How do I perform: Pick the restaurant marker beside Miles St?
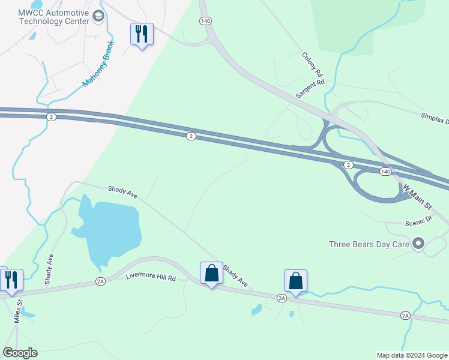pos(11,281)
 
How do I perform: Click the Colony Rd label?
pos(312,64)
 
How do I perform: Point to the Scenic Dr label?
pos(418,221)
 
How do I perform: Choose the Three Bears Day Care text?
pos(369,244)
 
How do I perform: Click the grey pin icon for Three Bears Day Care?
pos(419,244)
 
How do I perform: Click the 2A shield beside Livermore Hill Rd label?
pos(100,281)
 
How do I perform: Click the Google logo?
pos(20,353)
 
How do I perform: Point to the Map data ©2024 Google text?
pos(412,355)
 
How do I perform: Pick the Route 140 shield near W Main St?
pos(385,172)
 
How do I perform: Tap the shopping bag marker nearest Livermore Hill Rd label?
pos(211,274)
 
